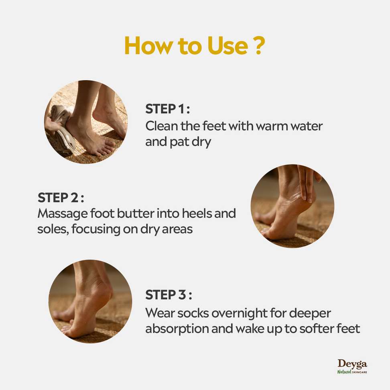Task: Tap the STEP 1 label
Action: click(167, 109)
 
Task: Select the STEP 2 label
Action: click(61, 198)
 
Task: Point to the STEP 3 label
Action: click(169, 295)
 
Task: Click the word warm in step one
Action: click(272, 126)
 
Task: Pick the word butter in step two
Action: click(136, 213)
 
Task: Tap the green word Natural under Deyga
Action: click(344, 372)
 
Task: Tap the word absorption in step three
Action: click(177, 329)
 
